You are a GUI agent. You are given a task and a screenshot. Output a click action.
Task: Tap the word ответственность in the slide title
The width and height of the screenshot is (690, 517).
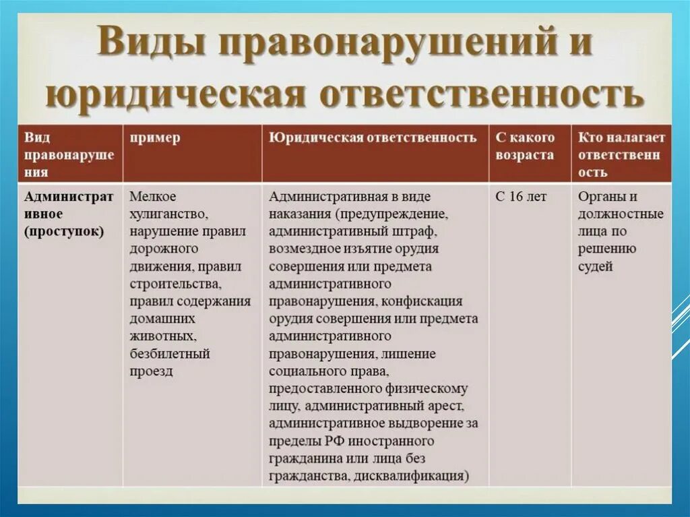[x=481, y=94]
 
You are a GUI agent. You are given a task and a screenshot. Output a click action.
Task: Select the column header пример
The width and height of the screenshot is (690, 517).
[x=155, y=138]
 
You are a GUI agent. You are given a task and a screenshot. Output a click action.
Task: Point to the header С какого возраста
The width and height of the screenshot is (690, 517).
[x=525, y=146]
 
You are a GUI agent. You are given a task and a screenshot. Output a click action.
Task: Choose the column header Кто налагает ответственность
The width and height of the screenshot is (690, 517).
[x=621, y=154]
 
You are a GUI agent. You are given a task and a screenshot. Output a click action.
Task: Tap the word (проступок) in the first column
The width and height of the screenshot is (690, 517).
[x=65, y=232]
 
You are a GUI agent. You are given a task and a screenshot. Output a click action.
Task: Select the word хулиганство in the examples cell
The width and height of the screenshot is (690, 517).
[x=168, y=214]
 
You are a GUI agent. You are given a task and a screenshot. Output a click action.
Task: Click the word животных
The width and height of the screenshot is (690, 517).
[x=162, y=335]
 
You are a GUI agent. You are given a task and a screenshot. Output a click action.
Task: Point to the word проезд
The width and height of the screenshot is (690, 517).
[x=152, y=371]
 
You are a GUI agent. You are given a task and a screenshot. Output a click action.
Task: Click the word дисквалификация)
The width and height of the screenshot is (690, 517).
[x=417, y=476]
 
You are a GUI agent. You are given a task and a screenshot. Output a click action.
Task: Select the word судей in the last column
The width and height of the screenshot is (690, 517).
[x=596, y=266]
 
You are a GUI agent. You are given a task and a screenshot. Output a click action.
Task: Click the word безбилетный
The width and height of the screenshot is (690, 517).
[x=170, y=353]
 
